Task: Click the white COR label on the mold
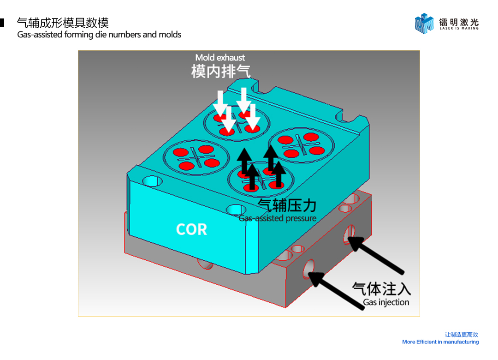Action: pyautogui.click(x=191, y=229)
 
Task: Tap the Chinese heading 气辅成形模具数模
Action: pyautogui.click(x=63, y=23)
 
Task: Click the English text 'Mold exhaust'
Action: pyautogui.click(x=220, y=58)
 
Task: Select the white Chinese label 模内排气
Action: pyautogui.click(x=221, y=71)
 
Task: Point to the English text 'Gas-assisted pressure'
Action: pyautogui.click(x=277, y=218)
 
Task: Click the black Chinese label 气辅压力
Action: pyautogui.click(x=287, y=205)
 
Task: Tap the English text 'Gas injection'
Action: pyautogui.click(x=386, y=302)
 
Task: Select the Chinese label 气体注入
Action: pyautogui.click(x=381, y=289)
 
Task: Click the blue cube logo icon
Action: pyautogui.click(x=424, y=23)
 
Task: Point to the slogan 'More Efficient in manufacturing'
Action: pyautogui.click(x=440, y=342)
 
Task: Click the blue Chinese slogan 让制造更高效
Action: pyautogui.click(x=462, y=335)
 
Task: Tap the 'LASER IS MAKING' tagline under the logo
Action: pyautogui.click(x=459, y=28)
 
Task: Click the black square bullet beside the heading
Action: pyautogui.click(x=2, y=23)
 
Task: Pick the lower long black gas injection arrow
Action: pyautogui.click(x=336, y=291)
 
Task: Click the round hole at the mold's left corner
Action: pyautogui.click(x=153, y=181)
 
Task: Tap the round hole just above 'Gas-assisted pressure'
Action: pyautogui.click(x=236, y=210)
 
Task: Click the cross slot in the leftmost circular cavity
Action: pyautogui.click(x=196, y=157)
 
